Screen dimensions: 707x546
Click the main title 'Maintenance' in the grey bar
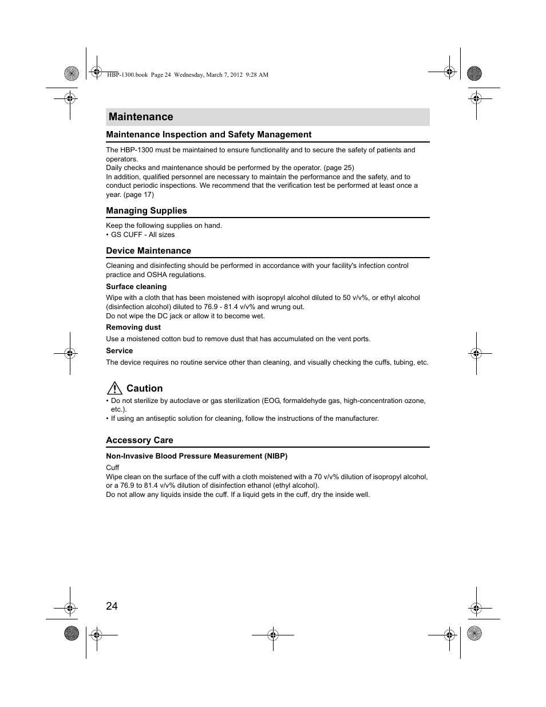141,117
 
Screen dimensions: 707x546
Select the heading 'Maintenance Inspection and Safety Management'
208,135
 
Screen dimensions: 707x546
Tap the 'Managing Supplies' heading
147,211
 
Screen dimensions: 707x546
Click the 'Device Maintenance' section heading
148,251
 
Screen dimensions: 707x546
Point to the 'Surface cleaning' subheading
136,287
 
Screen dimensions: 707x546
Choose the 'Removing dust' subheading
133,327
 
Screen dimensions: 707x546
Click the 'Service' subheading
119,351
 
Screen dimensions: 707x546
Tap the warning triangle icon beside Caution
114,388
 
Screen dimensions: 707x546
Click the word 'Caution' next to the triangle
144,388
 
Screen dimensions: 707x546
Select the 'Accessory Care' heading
140,440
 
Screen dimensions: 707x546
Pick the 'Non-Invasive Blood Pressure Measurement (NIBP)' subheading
196,456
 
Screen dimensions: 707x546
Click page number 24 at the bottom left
112,606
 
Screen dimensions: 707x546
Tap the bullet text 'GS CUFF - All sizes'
143,235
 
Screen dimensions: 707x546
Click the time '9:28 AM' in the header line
256,75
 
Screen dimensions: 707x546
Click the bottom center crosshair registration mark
273,634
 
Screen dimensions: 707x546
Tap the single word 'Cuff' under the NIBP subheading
112,468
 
